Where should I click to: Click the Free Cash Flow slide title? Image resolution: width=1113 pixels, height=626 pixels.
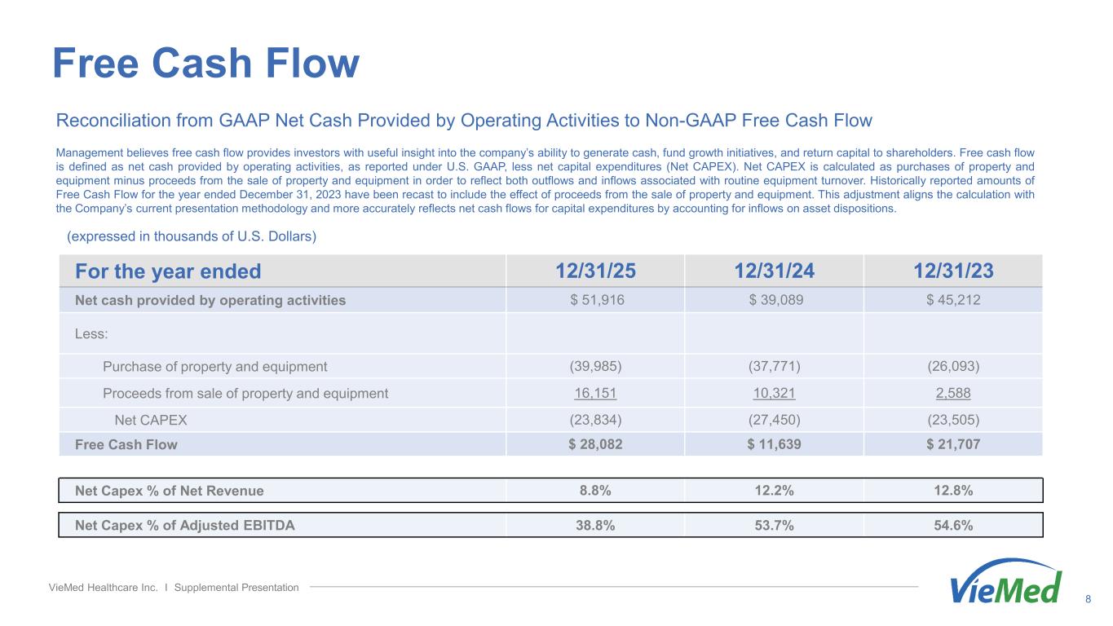click(205, 63)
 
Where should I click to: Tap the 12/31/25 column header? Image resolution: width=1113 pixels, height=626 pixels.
click(595, 271)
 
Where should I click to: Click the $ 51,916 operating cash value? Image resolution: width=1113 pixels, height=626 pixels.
click(595, 300)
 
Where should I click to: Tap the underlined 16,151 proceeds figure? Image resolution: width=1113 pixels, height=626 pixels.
click(595, 394)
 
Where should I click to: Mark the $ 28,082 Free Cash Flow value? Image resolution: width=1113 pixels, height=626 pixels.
click(595, 444)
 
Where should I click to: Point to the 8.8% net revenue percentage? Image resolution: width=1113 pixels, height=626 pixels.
click(595, 491)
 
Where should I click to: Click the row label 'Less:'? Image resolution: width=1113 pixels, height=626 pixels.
click(91, 333)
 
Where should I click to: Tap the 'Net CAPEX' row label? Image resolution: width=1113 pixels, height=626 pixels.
click(151, 421)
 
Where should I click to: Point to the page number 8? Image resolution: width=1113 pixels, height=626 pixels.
click(1089, 600)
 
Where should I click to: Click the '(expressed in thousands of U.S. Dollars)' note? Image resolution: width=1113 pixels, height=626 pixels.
click(191, 237)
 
